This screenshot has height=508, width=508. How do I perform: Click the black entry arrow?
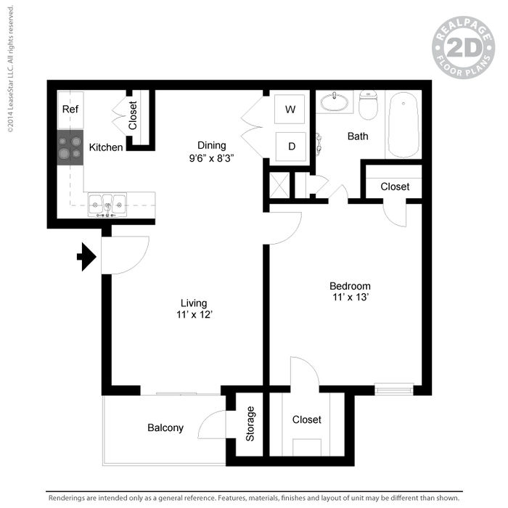coord(87,257)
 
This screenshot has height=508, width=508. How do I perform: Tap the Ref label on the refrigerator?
coord(70,109)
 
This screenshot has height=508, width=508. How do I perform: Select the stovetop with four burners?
coord(70,147)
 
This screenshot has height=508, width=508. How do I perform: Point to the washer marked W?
coord(290,109)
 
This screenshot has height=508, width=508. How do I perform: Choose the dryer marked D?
coord(290,147)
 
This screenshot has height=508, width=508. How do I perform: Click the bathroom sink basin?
coord(335,102)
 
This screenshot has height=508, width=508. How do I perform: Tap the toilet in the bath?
coord(369,105)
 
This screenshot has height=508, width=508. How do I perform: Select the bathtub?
coord(403,125)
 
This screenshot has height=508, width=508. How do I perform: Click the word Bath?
coord(358,136)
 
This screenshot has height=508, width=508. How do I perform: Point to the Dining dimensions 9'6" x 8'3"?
coord(212,158)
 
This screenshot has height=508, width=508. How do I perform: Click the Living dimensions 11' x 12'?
coord(194,314)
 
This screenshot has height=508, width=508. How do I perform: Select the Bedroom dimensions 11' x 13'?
coord(351,297)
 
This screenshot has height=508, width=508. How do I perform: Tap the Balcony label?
coord(165,427)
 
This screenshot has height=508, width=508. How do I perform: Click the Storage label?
coord(250,424)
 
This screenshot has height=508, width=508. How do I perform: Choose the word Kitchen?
coord(106,147)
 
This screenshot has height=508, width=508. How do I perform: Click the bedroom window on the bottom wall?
coord(394,389)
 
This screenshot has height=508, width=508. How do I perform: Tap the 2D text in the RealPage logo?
coord(464,48)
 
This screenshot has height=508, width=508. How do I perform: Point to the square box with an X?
coord(279,185)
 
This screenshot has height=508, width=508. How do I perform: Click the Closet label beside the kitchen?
coord(133,115)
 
